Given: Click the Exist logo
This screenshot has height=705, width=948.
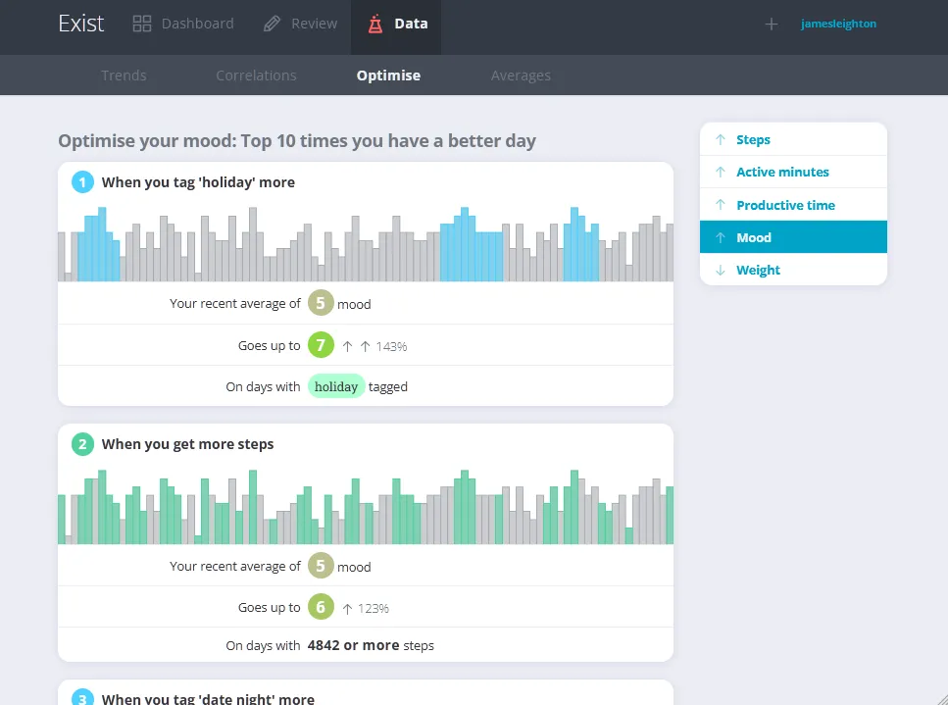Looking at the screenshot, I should [x=80, y=24].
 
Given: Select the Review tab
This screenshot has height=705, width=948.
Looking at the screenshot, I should [x=301, y=24].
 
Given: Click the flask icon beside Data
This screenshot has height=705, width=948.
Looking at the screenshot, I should [x=375, y=25].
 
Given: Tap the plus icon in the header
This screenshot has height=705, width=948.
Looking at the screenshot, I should [x=772, y=25].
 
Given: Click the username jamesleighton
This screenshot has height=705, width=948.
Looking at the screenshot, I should [x=838, y=24].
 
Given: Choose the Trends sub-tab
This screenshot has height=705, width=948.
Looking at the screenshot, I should [x=124, y=76].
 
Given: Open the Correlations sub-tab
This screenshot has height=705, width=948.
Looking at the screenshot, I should [x=256, y=76].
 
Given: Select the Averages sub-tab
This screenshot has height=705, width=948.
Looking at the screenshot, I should [x=521, y=76].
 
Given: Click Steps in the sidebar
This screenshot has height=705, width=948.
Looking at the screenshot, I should [x=753, y=139].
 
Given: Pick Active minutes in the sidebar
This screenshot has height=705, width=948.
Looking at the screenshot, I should [x=782, y=172].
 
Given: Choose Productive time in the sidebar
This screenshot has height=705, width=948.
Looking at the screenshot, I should [x=785, y=205].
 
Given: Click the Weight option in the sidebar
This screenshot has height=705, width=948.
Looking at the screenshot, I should [x=758, y=270].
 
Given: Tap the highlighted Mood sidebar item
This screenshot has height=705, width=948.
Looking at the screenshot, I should [x=754, y=237].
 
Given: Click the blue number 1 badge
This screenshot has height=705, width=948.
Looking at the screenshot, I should [x=82, y=181].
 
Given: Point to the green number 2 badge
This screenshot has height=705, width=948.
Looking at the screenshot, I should [x=82, y=444].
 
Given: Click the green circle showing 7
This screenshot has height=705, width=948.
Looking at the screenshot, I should [x=320, y=345].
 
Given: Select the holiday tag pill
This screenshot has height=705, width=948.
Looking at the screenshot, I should [x=336, y=386].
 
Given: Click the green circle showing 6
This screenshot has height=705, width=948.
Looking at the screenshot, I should [x=320, y=608].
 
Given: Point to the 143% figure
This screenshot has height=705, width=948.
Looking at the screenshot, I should [x=391, y=346].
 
